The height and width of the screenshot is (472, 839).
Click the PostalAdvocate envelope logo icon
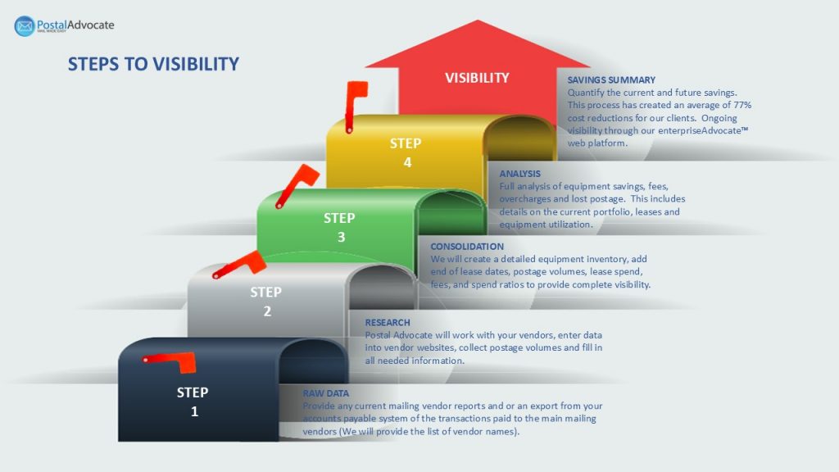pos(25,25)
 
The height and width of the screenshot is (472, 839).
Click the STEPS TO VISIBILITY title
pos(153,64)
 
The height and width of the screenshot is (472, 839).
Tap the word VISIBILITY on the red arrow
pos(477,78)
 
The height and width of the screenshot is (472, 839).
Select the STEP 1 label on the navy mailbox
pos(193,402)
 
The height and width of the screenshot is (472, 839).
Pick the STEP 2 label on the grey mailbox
pos(266,302)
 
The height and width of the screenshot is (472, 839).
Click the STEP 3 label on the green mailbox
pos(339,228)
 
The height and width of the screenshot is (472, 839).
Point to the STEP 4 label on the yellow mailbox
pos(406,153)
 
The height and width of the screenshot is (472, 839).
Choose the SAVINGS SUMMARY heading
pos(611,80)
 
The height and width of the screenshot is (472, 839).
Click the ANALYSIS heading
pos(519,174)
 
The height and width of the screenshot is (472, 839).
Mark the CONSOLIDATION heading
pos(467,247)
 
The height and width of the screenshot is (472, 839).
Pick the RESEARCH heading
pos(388,323)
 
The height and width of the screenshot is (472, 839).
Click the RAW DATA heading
pos(326,393)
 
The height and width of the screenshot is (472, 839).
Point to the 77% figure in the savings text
pos(742,106)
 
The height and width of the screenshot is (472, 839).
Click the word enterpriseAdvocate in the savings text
pos(700,130)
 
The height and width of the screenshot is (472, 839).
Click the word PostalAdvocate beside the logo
pos(75,25)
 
